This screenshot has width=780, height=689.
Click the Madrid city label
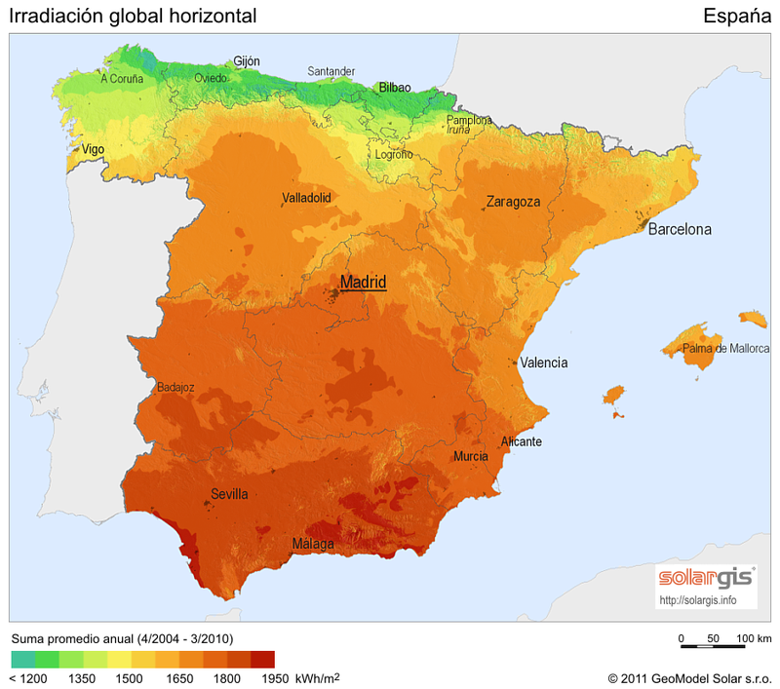[363, 283]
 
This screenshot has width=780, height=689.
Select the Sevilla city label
[229, 494]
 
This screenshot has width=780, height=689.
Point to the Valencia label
[543, 363]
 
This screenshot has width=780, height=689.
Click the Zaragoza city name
[513, 202]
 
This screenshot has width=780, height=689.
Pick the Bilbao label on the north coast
[395, 87]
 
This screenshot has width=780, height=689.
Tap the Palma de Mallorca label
[725, 348]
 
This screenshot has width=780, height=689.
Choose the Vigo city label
[93, 149]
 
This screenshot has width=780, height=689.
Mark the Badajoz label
[175, 387]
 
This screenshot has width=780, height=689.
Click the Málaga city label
[314, 544]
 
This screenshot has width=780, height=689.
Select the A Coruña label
[122, 79]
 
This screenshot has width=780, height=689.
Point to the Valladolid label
[306, 197]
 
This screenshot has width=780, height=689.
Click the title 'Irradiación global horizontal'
[133, 16]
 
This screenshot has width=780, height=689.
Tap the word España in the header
[736, 16]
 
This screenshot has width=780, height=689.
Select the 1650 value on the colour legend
[179, 677]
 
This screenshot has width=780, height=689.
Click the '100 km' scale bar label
[754, 638]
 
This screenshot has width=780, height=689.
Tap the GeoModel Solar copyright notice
[688, 677]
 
